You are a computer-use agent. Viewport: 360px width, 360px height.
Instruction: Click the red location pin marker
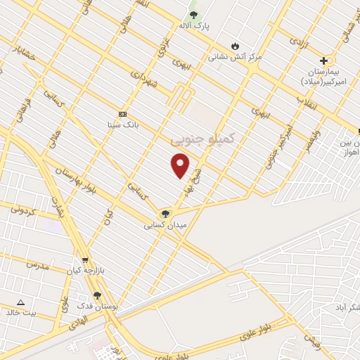181,165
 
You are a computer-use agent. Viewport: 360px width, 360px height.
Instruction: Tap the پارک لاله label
194,26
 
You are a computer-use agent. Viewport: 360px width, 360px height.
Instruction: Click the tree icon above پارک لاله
194,15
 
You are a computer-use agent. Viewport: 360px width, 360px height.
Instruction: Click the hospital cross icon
323,60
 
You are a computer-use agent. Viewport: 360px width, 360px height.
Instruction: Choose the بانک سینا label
122,125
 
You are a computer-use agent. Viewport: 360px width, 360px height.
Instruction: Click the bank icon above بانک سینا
122,114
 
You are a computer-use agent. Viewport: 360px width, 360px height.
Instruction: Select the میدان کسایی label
165,226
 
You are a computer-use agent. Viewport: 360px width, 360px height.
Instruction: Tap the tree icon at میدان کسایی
165,214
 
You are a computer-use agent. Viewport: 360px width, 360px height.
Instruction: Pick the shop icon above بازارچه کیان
86,259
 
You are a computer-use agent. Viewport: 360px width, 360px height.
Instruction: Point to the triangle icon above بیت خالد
20,302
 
